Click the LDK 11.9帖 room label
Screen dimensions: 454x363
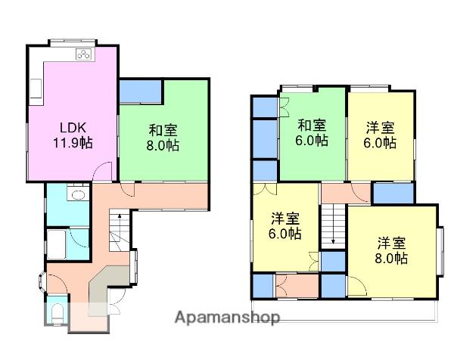[73, 135]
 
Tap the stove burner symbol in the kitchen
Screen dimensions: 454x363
[84, 54]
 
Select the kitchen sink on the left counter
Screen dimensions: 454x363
[36, 88]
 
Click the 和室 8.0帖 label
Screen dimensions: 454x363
[163, 138]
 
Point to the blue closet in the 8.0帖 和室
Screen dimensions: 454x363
[141, 92]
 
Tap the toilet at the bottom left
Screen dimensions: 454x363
[58, 314]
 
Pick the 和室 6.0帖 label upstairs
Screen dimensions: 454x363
[312, 133]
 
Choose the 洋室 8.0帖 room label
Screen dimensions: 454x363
[391, 250]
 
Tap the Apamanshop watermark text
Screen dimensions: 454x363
[227, 318]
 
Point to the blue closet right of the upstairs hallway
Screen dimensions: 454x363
[393, 194]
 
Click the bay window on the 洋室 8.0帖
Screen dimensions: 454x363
[440, 251]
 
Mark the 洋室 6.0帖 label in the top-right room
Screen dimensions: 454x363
[380, 135]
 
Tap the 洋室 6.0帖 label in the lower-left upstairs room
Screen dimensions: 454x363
[285, 226]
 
